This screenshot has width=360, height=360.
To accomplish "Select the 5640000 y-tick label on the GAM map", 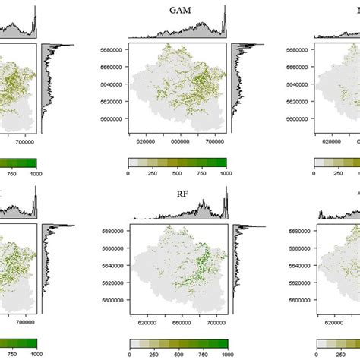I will pyautogui.click(x=113, y=85).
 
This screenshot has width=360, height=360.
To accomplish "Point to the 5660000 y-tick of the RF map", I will pyautogui.click(x=113, y=249).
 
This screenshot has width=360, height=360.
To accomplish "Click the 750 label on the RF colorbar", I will pyautogui.click(x=202, y=355).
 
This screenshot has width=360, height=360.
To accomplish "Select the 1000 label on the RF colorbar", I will pyautogui.click(x=226, y=355).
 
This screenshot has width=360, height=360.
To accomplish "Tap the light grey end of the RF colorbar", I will pyautogui.click(x=134, y=343).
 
